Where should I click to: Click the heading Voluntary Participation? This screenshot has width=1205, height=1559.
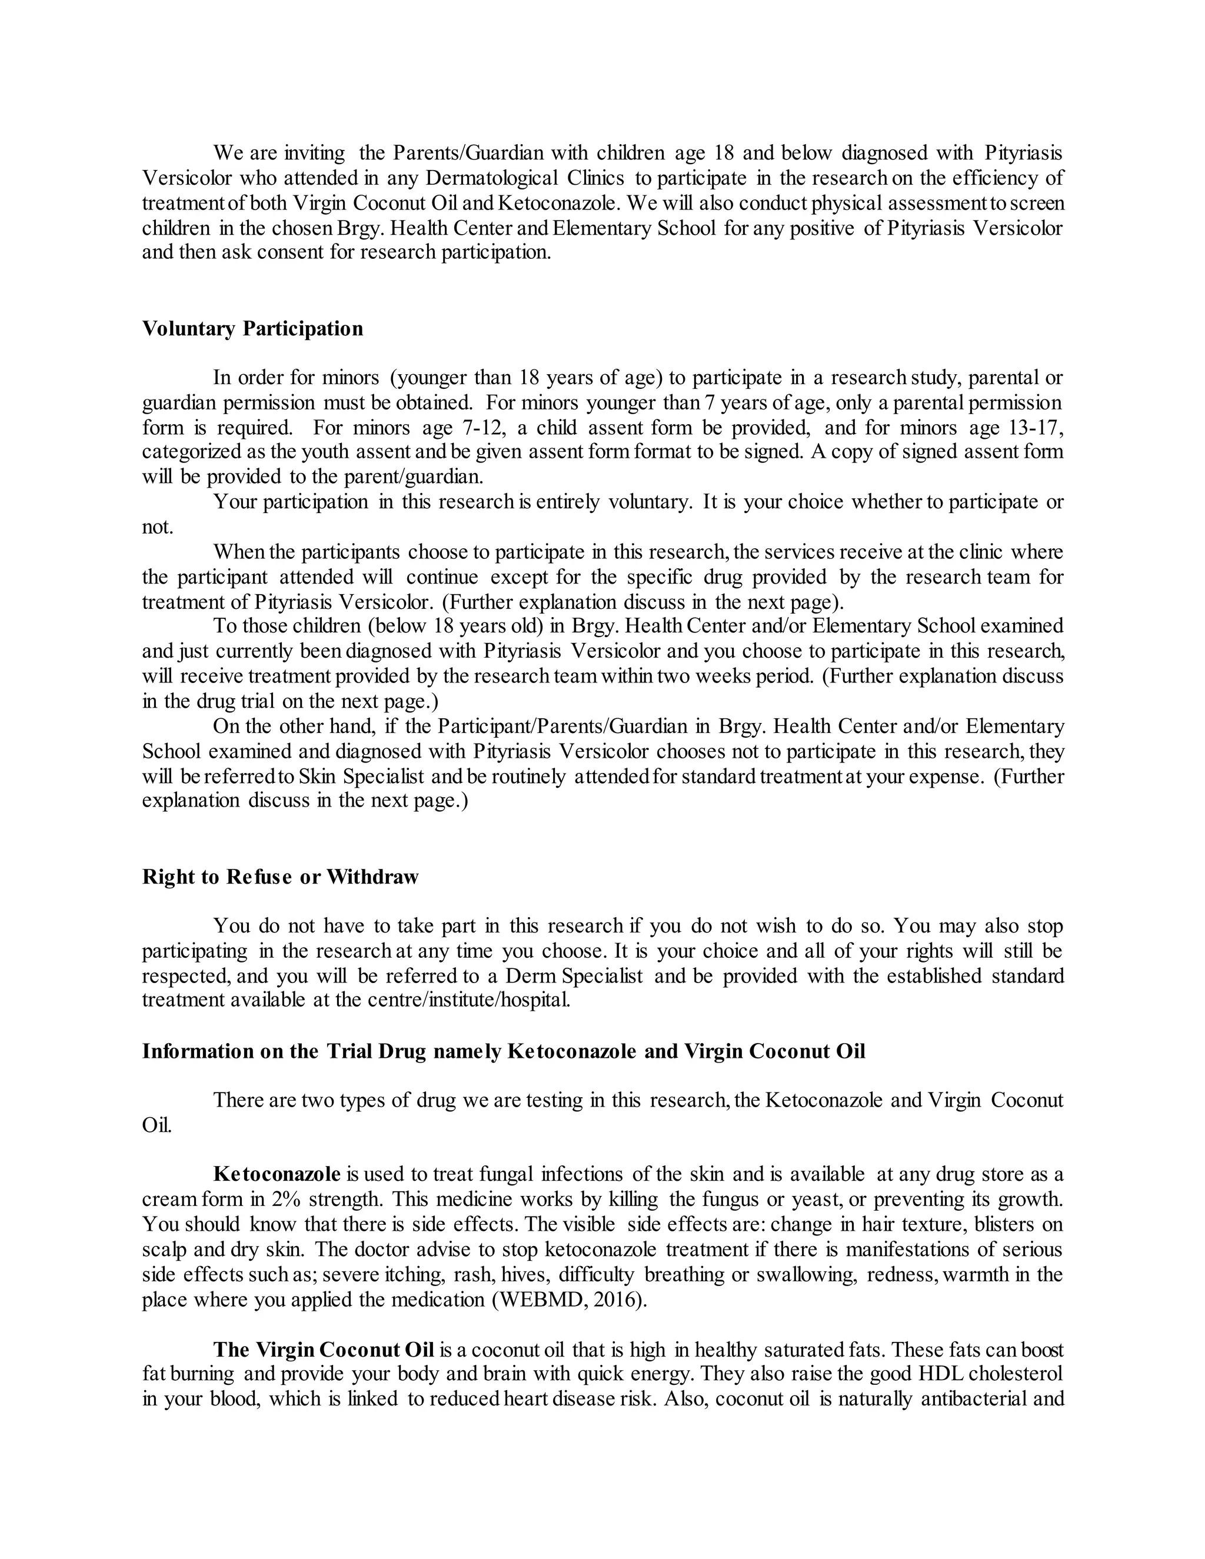[x=252, y=329]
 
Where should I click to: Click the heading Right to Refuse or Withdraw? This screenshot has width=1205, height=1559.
[x=280, y=877]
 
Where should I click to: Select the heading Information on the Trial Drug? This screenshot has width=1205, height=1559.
[x=503, y=1051]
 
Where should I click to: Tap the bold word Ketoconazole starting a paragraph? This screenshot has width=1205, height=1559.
[x=277, y=1174]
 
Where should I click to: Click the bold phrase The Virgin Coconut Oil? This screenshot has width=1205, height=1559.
[x=324, y=1351]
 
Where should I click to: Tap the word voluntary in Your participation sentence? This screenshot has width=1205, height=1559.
[x=649, y=502]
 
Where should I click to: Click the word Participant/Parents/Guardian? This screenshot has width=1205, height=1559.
[x=555, y=727]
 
